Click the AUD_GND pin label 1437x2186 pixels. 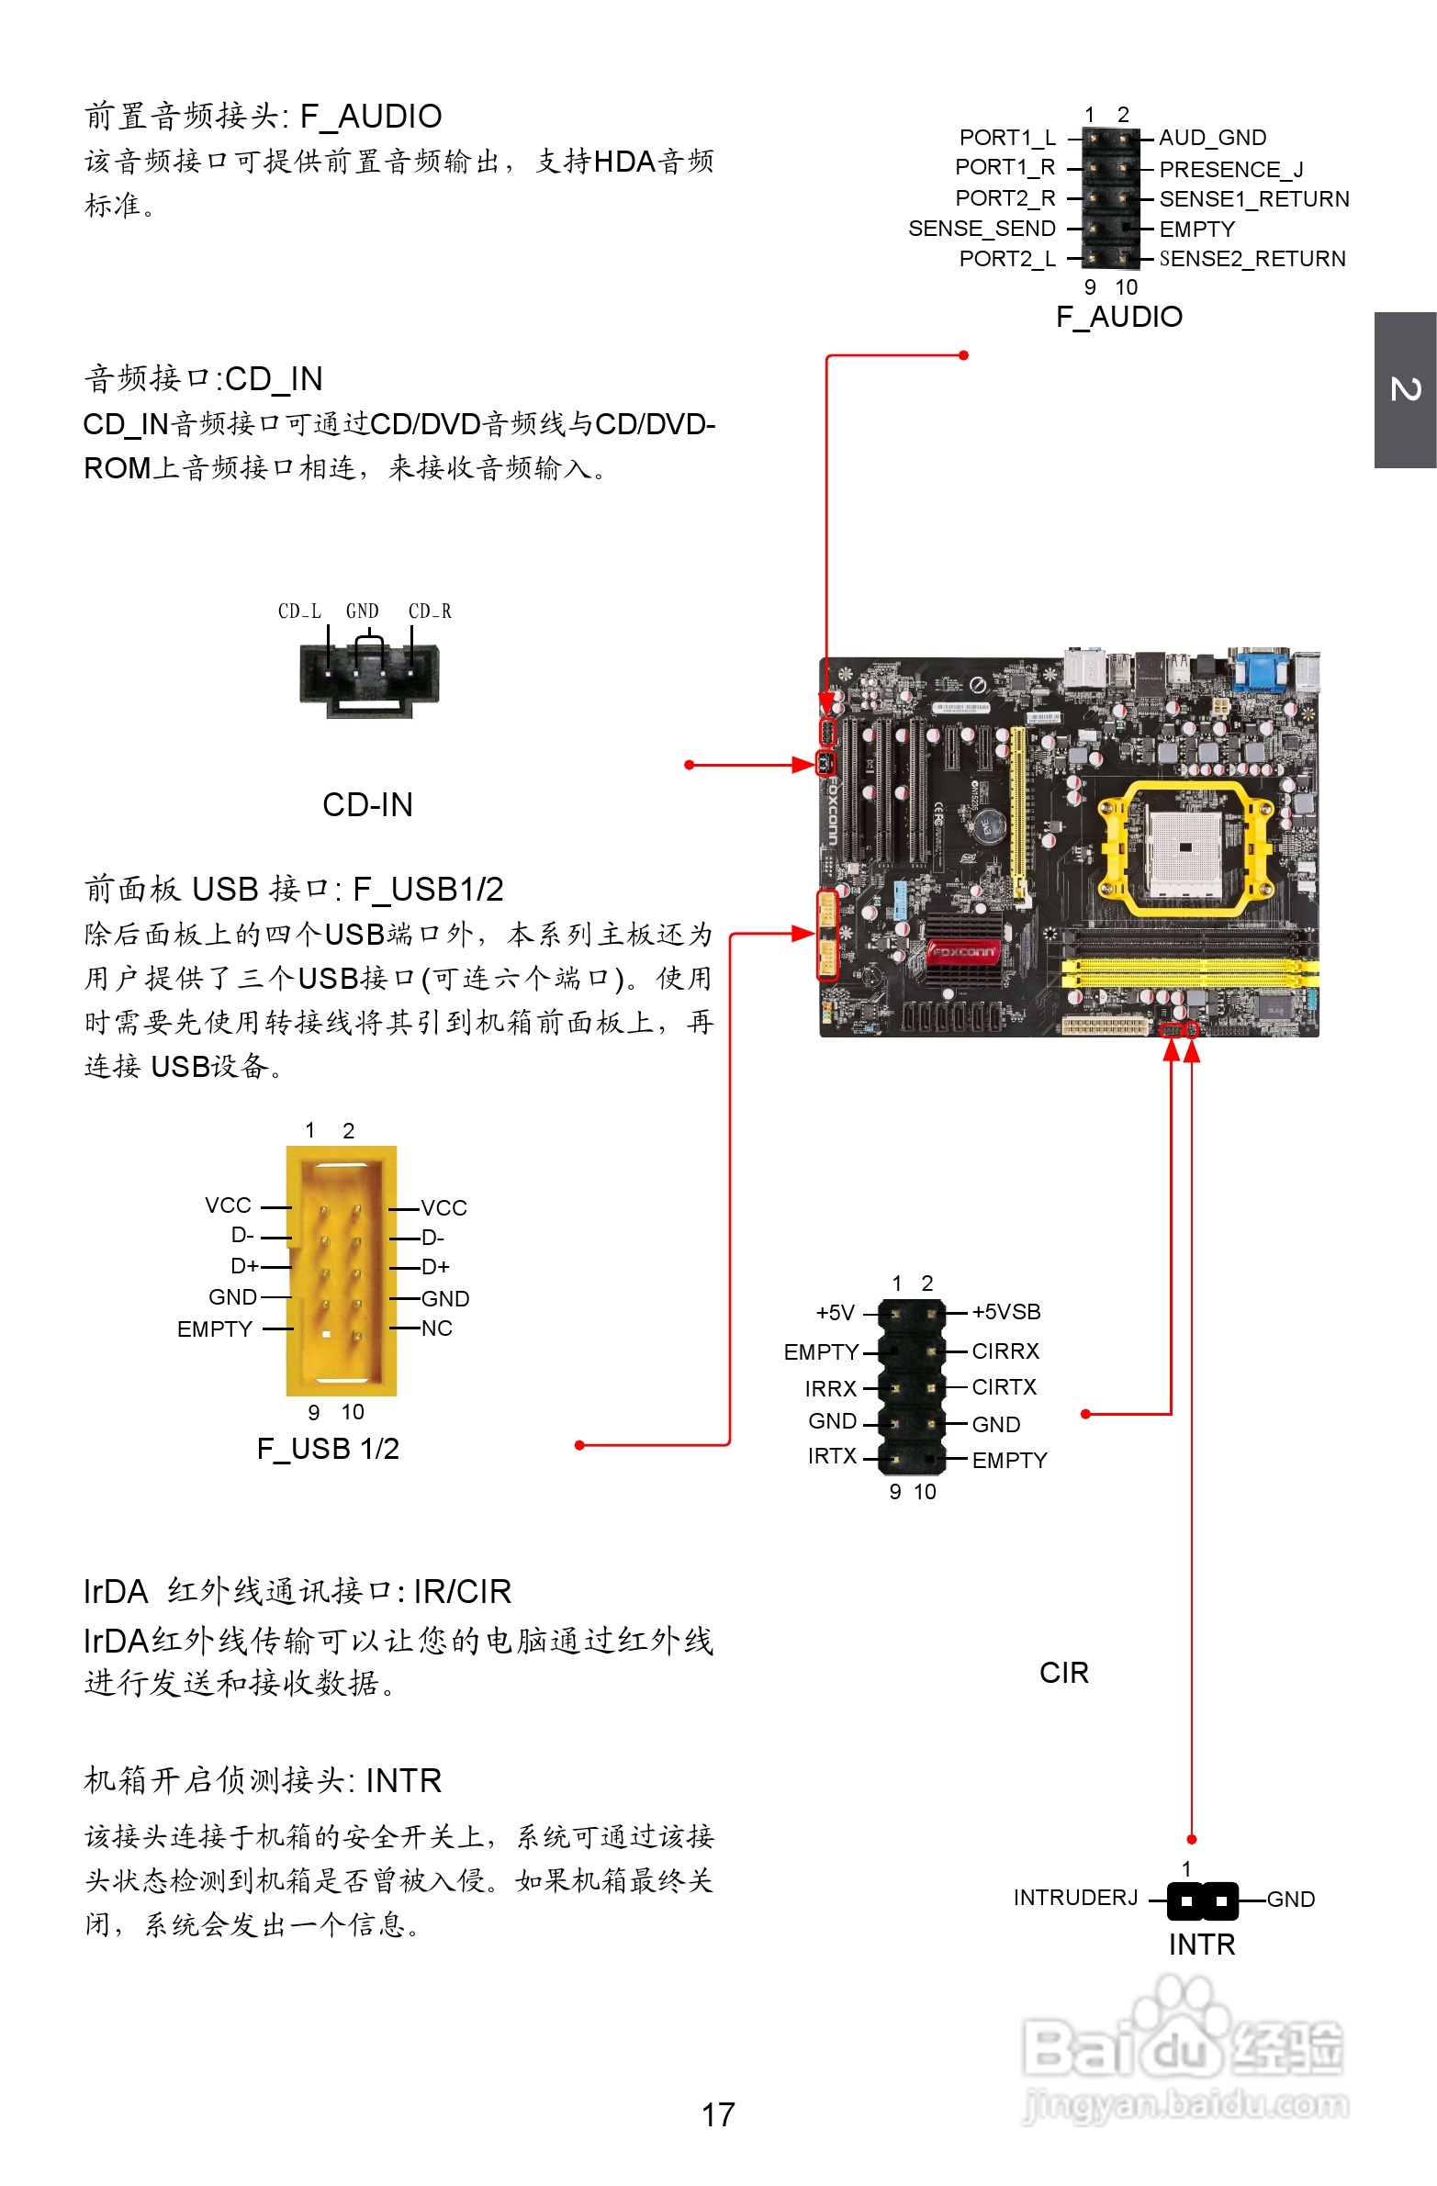pyautogui.click(x=1212, y=138)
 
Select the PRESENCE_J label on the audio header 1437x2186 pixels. pyautogui.click(x=1230, y=169)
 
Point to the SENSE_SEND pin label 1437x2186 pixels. pyautogui.click(x=982, y=229)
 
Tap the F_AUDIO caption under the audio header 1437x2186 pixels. pyautogui.click(x=1118, y=317)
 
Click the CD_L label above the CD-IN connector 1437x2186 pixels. pyautogui.click(x=299, y=611)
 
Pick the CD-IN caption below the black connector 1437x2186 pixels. pyautogui.click(x=367, y=804)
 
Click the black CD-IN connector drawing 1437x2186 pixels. pyautogui.click(x=369, y=675)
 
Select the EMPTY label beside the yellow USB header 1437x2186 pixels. pyautogui.click(x=214, y=1329)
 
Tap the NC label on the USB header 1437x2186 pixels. pyautogui.click(x=436, y=1328)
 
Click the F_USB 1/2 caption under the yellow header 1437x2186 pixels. pyautogui.click(x=328, y=1449)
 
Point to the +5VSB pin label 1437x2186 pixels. pyautogui.click(x=1006, y=1312)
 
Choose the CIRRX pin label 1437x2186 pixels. pyautogui.click(x=1005, y=1351)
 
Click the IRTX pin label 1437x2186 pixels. pyautogui.click(x=832, y=1456)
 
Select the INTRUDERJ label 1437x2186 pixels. pyautogui.click(x=1075, y=1898)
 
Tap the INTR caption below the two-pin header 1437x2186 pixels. pyautogui.click(x=1201, y=1945)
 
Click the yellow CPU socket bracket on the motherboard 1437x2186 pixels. pyautogui.click(x=1185, y=848)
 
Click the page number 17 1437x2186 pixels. pyautogui.click(x=717, y=2114)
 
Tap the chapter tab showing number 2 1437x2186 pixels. pyautogui.click(x=1405, y=389)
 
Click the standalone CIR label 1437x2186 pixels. pyautogui.click(x=1063, y=1673)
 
